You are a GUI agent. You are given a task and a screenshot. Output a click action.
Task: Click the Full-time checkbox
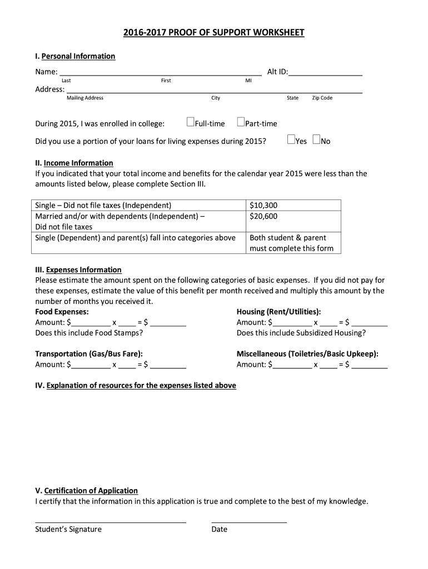(x=190, y=122)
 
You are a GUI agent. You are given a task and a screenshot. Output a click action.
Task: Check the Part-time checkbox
(x=241, y=122)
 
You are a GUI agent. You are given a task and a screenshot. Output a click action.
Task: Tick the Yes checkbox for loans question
(x=291, y=139)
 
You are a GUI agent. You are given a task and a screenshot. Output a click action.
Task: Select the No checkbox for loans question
(x=316, y=139)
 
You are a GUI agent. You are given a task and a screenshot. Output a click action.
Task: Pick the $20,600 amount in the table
(x=263, y=216)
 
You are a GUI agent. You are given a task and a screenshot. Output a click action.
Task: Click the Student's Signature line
(x=111, y=521)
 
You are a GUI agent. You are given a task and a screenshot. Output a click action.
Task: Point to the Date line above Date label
(x=249, y=521)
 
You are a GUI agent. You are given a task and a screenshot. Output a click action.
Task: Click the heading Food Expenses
(x=62, y=312)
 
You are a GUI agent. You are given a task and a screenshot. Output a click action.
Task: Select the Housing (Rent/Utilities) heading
(x=278, y=312)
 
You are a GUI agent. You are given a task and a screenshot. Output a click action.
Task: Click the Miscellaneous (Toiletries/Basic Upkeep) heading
(x=307, y=353)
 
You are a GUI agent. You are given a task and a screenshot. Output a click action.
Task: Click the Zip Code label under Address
(x=322, y=98)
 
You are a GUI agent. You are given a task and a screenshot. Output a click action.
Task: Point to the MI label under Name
(x=248, y=81)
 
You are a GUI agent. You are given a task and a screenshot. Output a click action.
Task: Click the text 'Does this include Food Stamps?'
(x=89, y=333)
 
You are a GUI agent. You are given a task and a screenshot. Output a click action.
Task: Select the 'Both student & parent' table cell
(x=288, y=238)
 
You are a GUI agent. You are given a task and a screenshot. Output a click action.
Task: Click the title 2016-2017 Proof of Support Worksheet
(x=213, y=33)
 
